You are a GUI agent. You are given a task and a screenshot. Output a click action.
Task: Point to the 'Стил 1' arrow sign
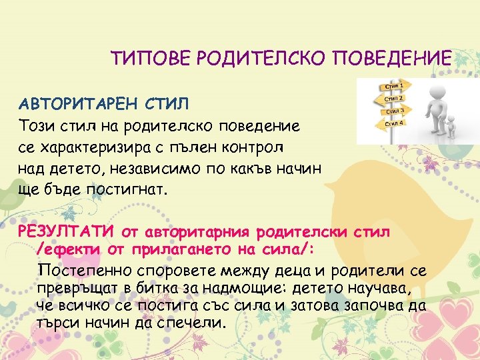(x=393, y=86)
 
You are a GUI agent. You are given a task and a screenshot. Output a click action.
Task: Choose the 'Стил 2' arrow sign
(x=394, y=98)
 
